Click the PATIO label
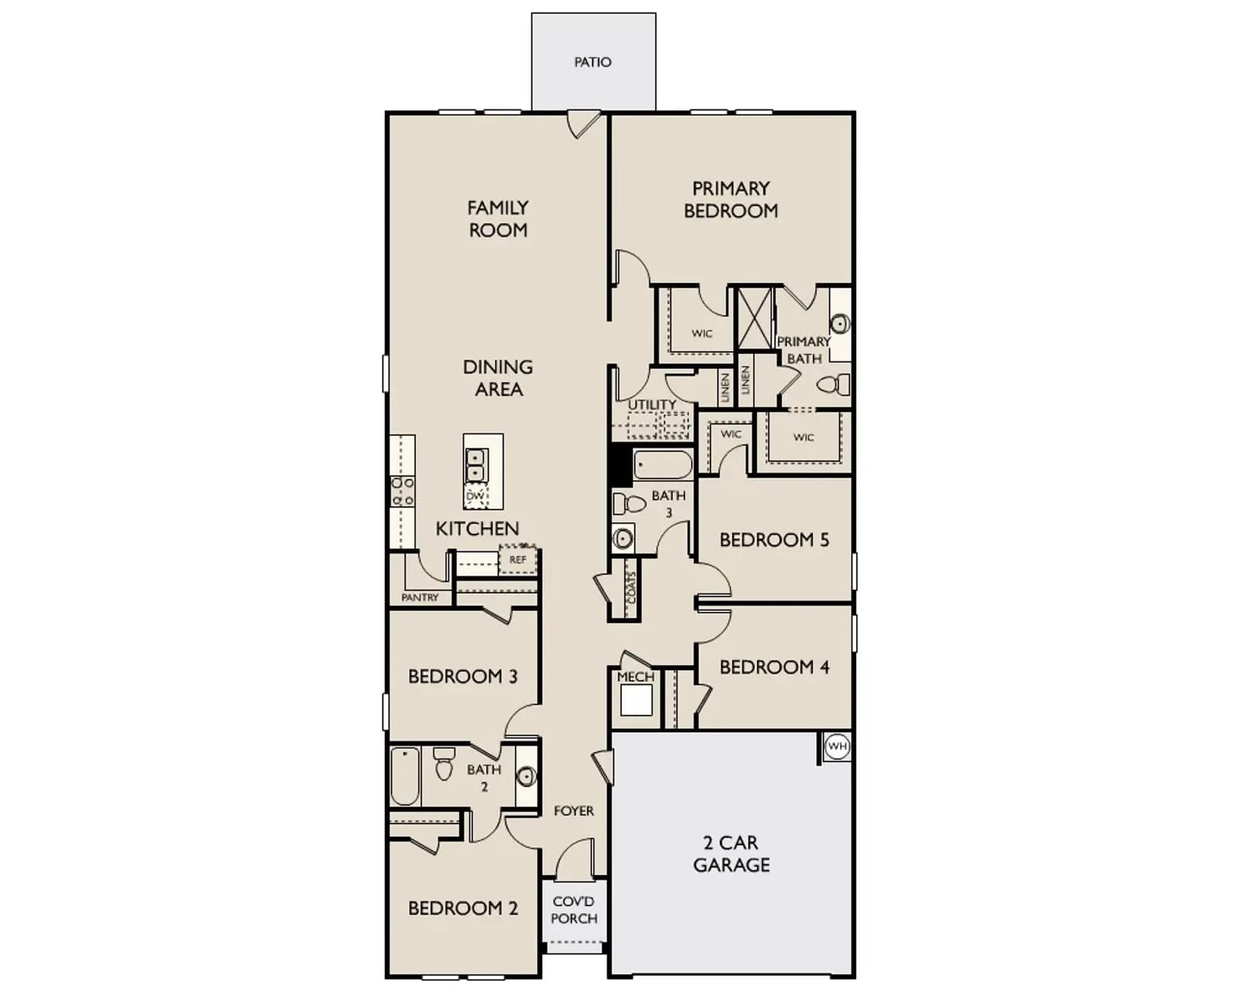pos(593,62)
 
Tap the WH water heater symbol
pos(837,746)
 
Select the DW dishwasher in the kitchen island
pos(475,496)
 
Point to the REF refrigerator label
pos(517,559)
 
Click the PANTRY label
pos(420,598)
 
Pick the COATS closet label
pos(632,587)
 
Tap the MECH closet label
pos(635,676)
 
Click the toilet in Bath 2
pos(444,763)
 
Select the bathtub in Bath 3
pos(662,465)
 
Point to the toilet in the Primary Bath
pos(833,384)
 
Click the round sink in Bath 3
pos(623,539)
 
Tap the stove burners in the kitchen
pos(403,491)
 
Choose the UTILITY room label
pos(652,405)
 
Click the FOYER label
pos(573,811)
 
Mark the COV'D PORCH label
pos(574,910)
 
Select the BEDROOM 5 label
pos(774,539)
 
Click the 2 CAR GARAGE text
pos(731,854)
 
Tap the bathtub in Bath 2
pos(405,776)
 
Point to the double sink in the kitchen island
pos(475,465)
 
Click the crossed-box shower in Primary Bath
pos(755,318)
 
